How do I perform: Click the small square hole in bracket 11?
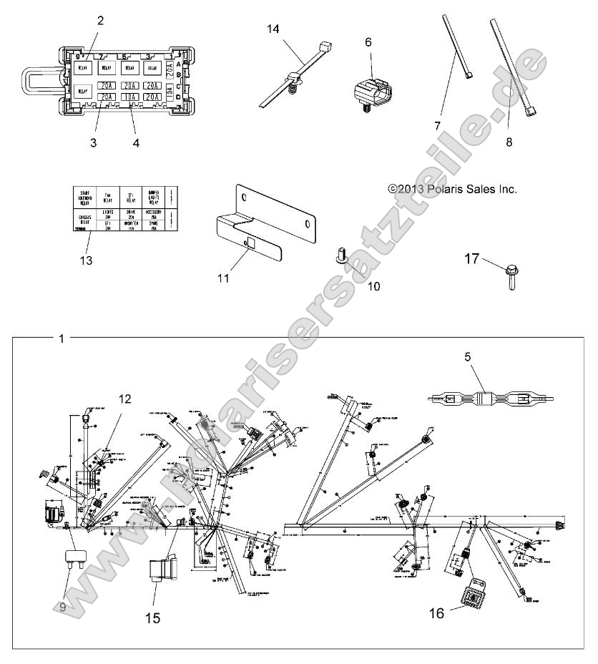250,243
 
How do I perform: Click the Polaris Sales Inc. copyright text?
452,189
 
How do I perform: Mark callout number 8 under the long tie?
509,142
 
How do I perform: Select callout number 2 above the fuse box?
100,21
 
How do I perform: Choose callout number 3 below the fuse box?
93,142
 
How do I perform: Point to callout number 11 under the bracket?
224,278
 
